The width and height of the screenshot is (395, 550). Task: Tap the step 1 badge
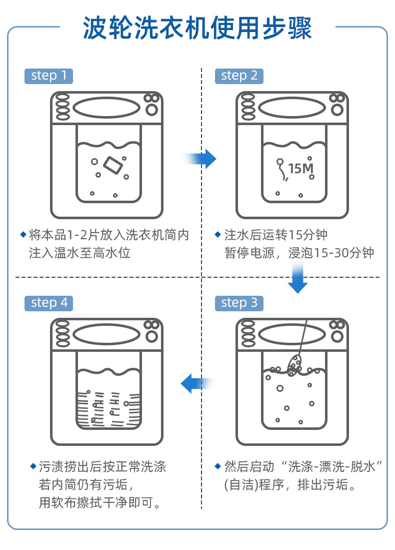(48, 76)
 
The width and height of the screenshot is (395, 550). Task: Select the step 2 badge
(239, 76)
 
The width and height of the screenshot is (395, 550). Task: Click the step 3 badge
(239, 303)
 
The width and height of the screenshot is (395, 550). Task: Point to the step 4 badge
(48, 303)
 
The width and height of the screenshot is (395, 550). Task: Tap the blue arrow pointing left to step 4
(196, 383)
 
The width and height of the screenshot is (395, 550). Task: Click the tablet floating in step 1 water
(113, 165)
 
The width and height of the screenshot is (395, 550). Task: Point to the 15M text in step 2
(300, 168)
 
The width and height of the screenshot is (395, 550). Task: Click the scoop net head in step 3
(294, 365)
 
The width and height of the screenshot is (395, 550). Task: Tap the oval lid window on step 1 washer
(106, 107)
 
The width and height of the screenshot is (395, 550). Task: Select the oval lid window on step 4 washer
(106, 334)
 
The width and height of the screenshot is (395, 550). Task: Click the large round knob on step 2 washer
(337, 110)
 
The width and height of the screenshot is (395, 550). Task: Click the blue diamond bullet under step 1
(23, 234)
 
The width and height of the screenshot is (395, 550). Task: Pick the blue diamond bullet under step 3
(217, 466)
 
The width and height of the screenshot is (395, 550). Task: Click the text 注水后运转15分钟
(276, 235)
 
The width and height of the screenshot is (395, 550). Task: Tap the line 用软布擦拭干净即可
(99, 502)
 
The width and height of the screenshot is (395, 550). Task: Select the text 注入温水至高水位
(79, 253)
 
